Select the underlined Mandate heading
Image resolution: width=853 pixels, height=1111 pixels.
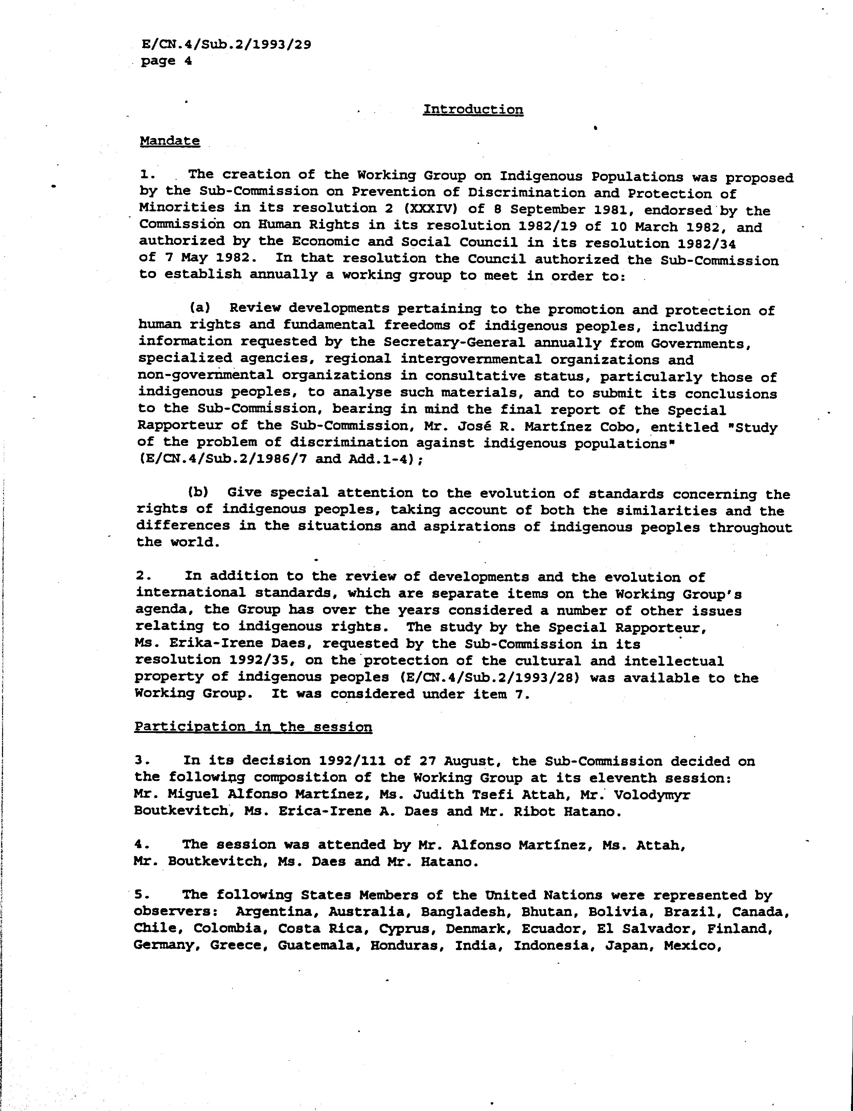[170, 141]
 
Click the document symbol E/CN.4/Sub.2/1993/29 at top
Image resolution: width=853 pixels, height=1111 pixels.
[226, 45]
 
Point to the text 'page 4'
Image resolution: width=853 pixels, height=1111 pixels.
[166, 61]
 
